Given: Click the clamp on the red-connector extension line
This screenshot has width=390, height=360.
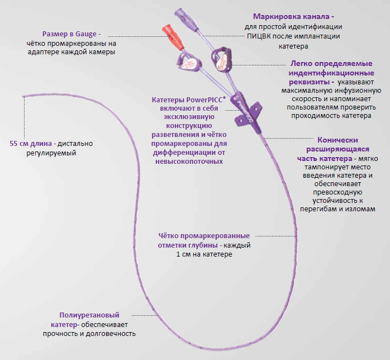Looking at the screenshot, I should (x=188, y=63).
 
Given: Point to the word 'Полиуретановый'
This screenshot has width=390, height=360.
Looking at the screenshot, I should (x=89, y=315).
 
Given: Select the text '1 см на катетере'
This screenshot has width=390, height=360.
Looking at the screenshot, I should (x=203, y=254).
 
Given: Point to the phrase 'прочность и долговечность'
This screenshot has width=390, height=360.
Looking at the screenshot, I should (x=89, y=333).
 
